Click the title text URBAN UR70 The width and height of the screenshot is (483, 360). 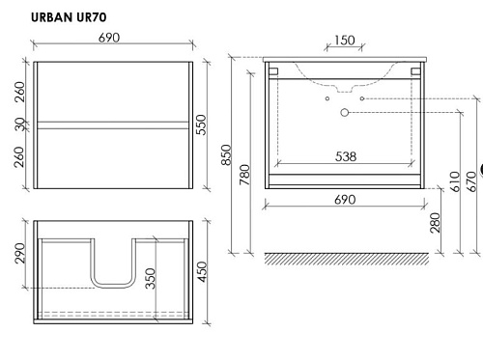(x=69, y=17)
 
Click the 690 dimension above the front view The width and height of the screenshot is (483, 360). (x=109, y=38)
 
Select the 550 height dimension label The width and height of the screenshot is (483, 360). (x=201, y=125)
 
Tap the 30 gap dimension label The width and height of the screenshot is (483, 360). (x=20, y=125)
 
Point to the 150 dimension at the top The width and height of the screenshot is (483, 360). (x=345, y=41)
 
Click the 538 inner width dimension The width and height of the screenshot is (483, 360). (x=346, y=156)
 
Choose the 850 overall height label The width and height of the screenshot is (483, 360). (x=226, y=154)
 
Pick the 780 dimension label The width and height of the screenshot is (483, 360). (x=244, y=175)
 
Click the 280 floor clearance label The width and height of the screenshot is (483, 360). (x=435, y=223)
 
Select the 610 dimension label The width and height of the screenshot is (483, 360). (x=455, y=181)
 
